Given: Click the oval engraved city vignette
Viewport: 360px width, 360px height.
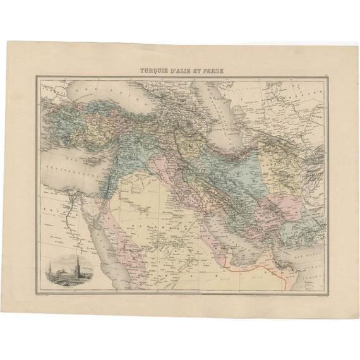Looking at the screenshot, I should tap(69, 271).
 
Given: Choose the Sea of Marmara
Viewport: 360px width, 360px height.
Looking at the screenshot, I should tap(56, 101).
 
